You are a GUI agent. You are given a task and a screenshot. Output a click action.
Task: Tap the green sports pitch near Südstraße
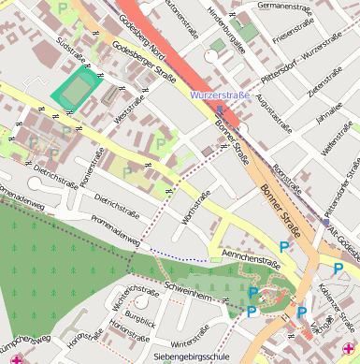pos(76,91)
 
